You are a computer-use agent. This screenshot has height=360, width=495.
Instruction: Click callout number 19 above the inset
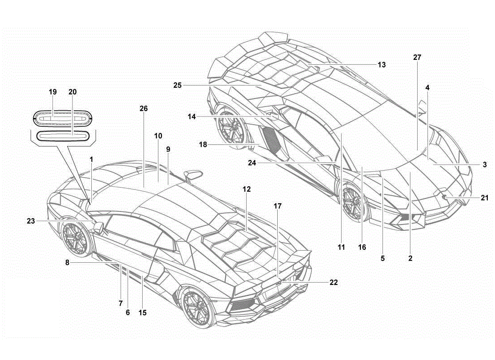pyautogui.click(x=53, y=92)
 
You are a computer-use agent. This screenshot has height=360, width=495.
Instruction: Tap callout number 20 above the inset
pyautogui.click(x=72, y=92)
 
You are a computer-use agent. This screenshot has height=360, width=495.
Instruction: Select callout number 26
pyautogui.click(x=144, y=108)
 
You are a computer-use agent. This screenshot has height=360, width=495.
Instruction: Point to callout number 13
pyautogui.click(x=382, y=65)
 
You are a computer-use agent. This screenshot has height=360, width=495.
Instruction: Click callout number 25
pyautogui.click(x=177, y=85)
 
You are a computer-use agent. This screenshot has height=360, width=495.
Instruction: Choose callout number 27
pyautogui.click(x=417, y=58)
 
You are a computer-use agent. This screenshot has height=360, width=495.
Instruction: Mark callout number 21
pyautogui.click(x=485, y=198)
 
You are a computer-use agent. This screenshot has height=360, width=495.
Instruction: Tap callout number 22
pyautogui.click(x=334, y=282)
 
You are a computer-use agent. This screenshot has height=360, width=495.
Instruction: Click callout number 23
pyautogui.click(x=31, y=221)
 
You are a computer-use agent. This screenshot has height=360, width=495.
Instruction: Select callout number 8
pyautogui.click(x=67, y=262)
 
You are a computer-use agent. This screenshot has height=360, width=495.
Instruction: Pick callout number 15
pyautogui.click(x=142, y=313)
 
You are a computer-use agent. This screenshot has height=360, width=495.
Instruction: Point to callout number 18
pyautogui.click(x=203, y=144)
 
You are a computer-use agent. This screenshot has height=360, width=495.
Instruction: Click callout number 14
pyautogui.click(x=192, y=117)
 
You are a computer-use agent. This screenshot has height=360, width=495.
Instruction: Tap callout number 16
pyautogui.click(x=362, y=247)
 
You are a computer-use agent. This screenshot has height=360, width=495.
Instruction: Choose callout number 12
pyautogui.click(x=247, y=189)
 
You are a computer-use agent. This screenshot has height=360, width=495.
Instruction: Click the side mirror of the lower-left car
pyautogui.click(x=99, y=227)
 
